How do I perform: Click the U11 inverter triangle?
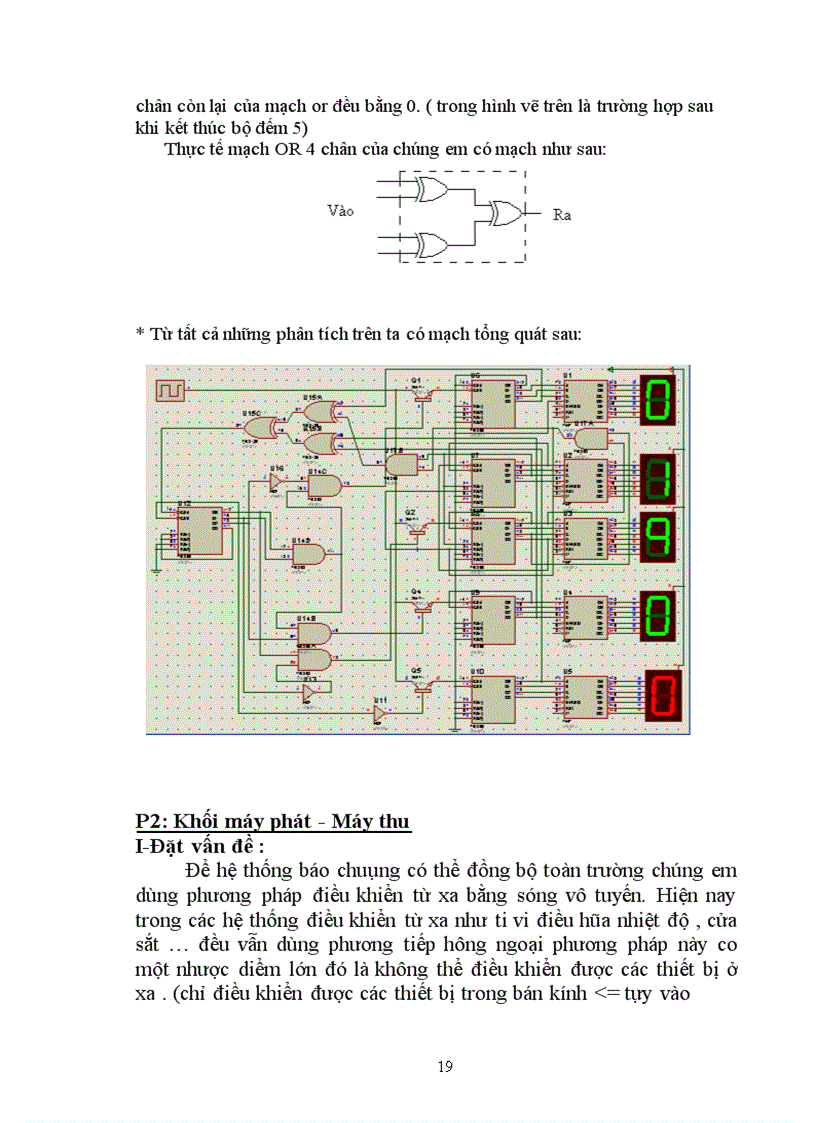point(379,713)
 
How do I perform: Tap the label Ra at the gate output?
point(562,214)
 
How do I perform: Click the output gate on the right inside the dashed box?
point(502,213)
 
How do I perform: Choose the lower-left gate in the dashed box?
point(432,242)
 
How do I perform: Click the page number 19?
point(445,1066)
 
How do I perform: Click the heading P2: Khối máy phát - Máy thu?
point(273,821)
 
